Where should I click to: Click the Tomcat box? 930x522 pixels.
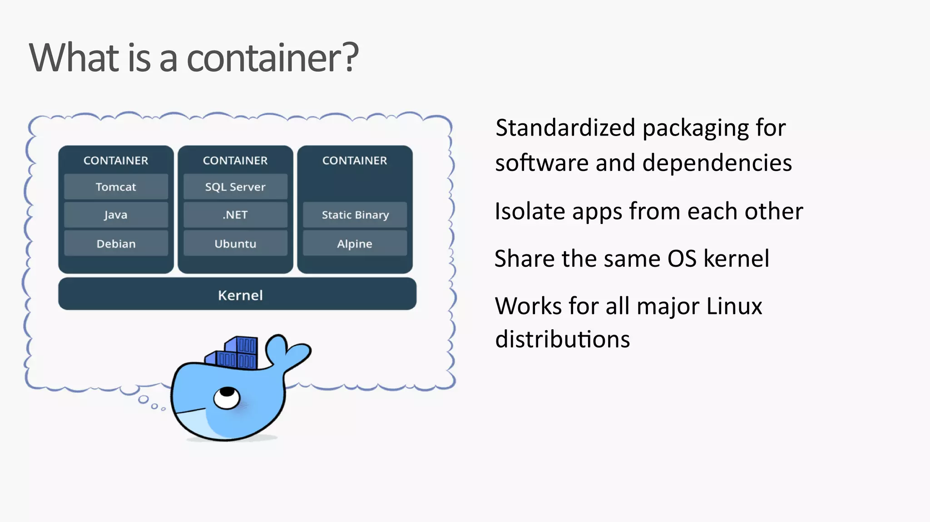pyautogui.click(x=116, y=187)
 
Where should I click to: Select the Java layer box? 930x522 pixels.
pyautogui.click(x=116, y=215)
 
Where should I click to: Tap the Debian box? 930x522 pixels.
pyautogui.click(x=116, y=244)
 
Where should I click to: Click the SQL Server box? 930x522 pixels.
pyautogui.click(x=235, y=187)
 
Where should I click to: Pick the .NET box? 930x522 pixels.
pyautogui.click(x=235, y=215)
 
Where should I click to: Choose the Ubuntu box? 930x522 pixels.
pyautogui.click(x=235, y=244)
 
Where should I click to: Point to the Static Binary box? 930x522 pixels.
pyautogui.click(x=355, y=215)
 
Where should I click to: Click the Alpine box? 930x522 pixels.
pyautogui.click(x=355, y=244)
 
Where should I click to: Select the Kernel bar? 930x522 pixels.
pyautogui.click(x=237, y=295)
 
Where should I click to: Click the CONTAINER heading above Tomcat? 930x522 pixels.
pyautogui.click(x=116, y=161)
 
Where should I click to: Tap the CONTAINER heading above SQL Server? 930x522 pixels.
pyautogui.click(x=235, y=161)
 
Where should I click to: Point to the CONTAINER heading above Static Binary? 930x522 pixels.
pyautogui.click(x=355, y=161)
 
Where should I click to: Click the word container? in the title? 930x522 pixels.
pyautogui.click(x=272, y=58)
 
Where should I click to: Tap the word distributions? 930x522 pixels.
pyautogui.click(x=563, y=339)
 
